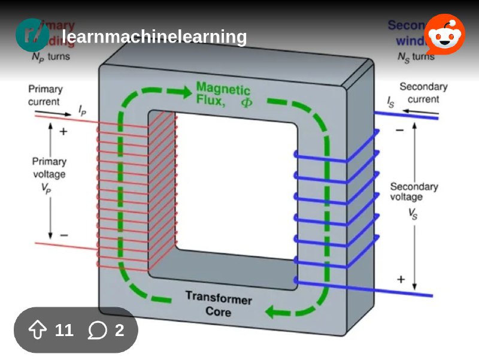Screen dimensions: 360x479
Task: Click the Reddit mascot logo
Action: (x=444, y=35)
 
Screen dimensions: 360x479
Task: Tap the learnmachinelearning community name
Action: (x=154, y=37)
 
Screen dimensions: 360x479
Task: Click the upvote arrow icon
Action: (x=38, y=330)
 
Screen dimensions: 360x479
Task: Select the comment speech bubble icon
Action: (x=97, y=330)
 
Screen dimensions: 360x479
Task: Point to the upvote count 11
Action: (x=63, y=330)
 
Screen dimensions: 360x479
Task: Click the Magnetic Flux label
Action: (x=223, y=95)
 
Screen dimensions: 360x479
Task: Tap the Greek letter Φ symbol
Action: (x=247, y=102)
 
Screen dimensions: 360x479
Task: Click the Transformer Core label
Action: (x=218, y=304)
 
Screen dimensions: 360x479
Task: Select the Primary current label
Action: (x=45, y=95)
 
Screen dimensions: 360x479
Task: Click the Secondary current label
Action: (x=423, y=93)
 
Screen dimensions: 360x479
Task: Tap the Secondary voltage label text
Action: (x=414, y=192)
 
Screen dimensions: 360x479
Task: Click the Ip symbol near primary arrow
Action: (x=83, y=110)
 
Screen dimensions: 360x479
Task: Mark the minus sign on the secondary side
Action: (x=399, y=129)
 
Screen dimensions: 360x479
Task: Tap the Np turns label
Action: (x=50, y=57)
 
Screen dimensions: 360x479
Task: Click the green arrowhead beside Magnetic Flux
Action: (x=178, y=93)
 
